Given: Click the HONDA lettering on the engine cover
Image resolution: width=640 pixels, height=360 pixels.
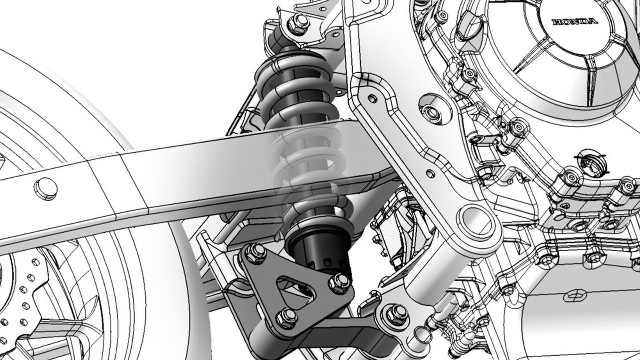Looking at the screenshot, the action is [x=574, y=22].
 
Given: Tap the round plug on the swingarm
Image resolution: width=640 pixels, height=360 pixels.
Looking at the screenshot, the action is [x=46, y=189].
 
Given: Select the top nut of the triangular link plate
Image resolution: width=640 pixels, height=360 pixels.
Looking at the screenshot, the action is [x=254, y=252].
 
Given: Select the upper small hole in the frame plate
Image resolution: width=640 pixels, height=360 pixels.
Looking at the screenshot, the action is [x=372, y=98].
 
